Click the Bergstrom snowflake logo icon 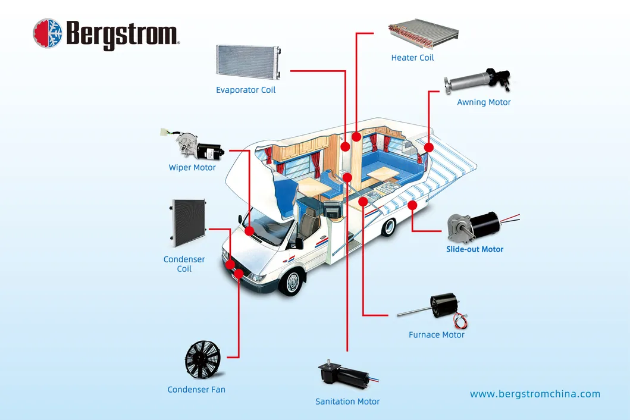point(48,33)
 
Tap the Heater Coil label point(412,58)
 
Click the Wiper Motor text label point(192,168)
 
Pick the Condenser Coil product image point(188,222)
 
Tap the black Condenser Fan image point(202,360)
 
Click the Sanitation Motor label point(347,402)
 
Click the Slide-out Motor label point(475,249)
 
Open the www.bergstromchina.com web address point(535,394)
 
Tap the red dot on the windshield point(249,231)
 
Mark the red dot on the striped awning point(412,205)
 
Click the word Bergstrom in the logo point(122,34)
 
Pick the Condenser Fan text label point(196,390)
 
